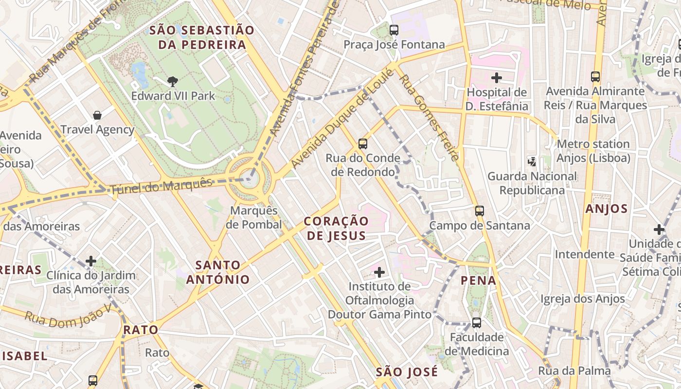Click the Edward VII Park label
pos(173,96)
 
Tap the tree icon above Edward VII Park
pos(172,81)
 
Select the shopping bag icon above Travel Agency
pos(97,115)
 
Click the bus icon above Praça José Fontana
pos(394,30)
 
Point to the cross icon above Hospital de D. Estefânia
pos(497,78)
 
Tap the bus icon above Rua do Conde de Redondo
pos(362,143)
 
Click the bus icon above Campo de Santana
pos(480,211)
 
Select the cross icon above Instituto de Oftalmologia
pos(379,272)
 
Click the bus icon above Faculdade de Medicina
pos(477,323)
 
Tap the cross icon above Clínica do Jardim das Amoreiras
pos(91,261)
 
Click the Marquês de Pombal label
pos(254,217)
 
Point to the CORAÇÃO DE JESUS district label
pos(336,228)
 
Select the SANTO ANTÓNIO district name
pos(217,272)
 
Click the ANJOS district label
pos(607,209)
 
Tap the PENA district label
pos(478,280)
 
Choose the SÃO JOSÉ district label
pos(407,372)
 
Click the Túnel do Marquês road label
pos(162,186)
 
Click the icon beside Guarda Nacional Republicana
pos(532,161)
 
